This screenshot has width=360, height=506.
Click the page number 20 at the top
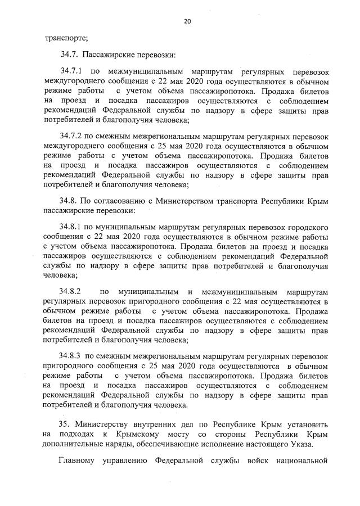(x=187, y=21)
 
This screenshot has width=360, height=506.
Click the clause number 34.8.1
(x=71, y=227)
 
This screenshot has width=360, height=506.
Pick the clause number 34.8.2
(x=71, y=292)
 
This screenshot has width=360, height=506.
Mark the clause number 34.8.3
(x=71, y=356)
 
